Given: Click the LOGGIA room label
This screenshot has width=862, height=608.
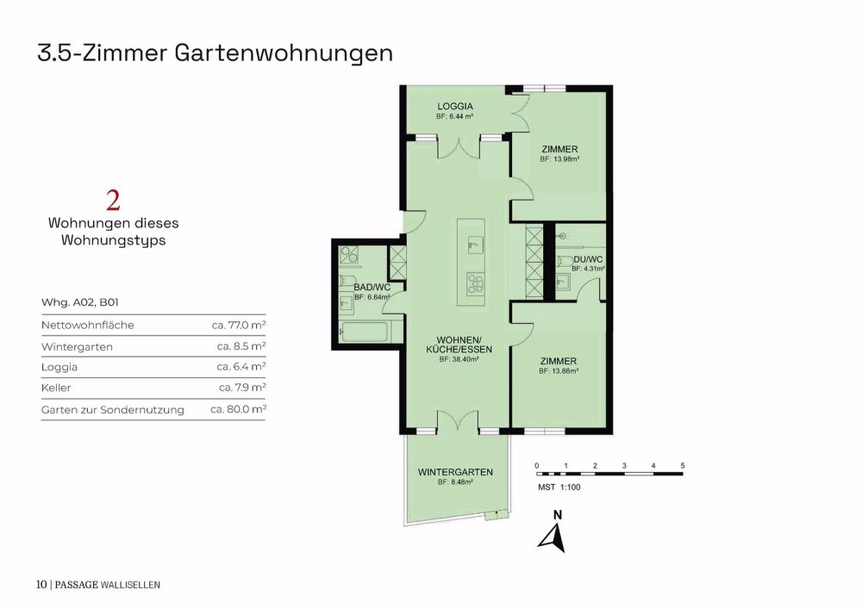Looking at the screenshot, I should coord(455,106).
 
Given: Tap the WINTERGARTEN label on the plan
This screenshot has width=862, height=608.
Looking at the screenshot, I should coord(455,472).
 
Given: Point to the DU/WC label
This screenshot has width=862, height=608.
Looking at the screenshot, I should coord(588,259).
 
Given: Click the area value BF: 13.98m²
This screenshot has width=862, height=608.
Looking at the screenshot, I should coord(559,159).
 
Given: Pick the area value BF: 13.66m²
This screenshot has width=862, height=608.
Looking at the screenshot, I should coord(559,371).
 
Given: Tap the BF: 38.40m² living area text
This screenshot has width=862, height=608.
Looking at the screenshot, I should coord(459,359).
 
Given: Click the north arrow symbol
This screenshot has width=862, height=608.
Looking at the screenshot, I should coord(552,536).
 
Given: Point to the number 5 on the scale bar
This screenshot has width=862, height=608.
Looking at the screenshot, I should coord(683,466).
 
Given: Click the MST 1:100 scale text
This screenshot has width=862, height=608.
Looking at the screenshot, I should coord(559,487).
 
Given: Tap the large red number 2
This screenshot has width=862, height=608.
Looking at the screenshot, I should coord(113,201).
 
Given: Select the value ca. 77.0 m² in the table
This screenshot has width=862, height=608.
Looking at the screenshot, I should coord(239,326).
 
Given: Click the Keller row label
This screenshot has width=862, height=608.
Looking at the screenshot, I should coord(56,388).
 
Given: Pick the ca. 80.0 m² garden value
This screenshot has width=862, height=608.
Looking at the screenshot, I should coord(238,410).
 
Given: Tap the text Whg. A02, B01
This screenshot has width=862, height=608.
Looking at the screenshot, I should coord(79,303).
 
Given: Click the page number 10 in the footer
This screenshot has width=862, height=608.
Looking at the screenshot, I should coord(41,585).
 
